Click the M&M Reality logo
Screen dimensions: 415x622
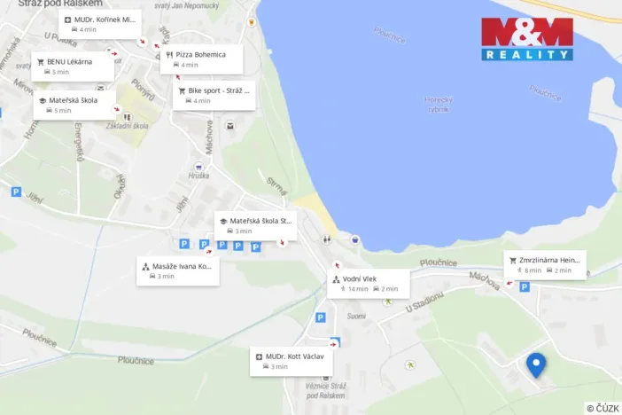click(x=527, y=39)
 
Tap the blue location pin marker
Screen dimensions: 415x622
click(x=535, y=364)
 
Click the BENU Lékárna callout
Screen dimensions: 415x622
click(x=74, y=67)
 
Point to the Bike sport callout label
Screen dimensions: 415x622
click(x=214, y=95)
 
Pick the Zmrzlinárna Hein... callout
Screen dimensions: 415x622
click(x=545, y=264)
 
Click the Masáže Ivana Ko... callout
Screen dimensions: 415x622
click(x=177, y=270)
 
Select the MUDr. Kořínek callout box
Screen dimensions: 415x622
click(x=99, y=23)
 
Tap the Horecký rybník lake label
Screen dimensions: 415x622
click(x=438, y=105)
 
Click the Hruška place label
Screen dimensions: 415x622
click(x=198, y=176)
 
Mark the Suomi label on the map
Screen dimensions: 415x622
click(x=356, y=316)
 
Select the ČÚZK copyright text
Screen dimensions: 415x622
click(x=603, y=408)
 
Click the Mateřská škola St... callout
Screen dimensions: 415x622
click(x=255, y=225)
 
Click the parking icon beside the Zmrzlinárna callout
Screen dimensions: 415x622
click(x=525, y=286)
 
